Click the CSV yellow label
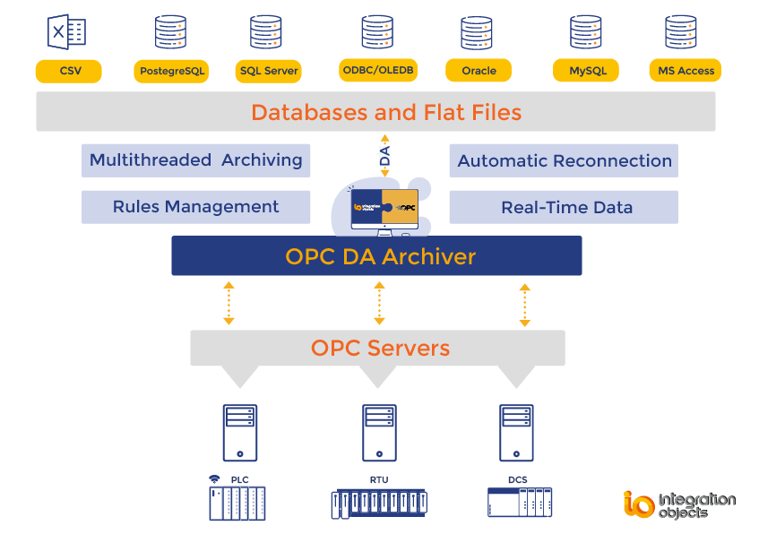pos(69,71)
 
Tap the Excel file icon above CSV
pos(67,32)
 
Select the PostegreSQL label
pos(171,71)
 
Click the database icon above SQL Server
pos(266,32)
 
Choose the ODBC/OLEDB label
pos(378,70)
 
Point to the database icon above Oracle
pos(477,33)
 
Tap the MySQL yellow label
pos(586,71)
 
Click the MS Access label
pos(686,71)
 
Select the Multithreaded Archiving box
pos(195,160)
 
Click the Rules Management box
pos(195,207)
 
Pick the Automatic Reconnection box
pos(564,160)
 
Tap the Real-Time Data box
pos(564,207)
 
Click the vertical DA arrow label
pos(384,156)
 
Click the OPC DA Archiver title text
pos(381,256)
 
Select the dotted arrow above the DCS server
pos(525,305)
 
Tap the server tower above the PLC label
pos(240,433)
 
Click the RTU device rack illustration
pos(379,504)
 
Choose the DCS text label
pos(517,479)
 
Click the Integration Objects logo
pos(679,504)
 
